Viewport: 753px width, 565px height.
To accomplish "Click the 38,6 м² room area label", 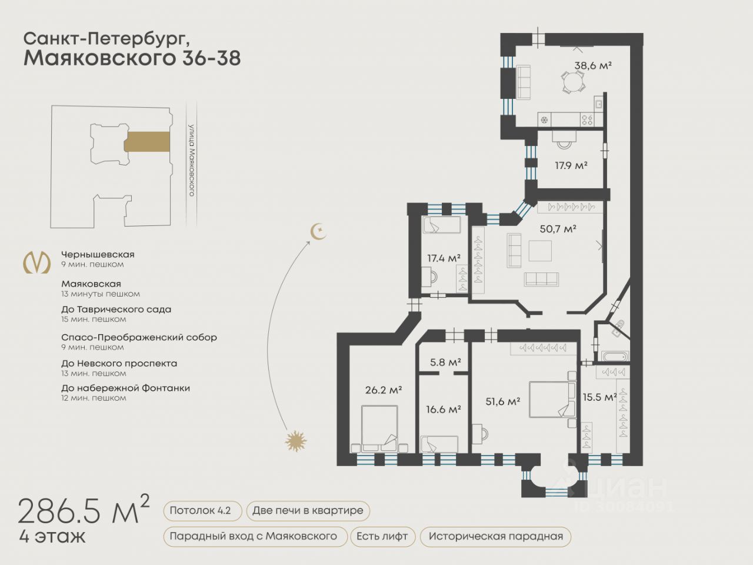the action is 593,65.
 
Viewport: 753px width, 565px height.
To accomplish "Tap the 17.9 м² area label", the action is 571,165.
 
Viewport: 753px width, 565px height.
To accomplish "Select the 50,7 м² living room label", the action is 558,228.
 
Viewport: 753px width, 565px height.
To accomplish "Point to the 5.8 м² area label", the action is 445,362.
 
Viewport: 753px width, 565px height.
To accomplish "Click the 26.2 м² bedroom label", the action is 384,390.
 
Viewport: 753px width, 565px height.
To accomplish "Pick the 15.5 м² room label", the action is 599,397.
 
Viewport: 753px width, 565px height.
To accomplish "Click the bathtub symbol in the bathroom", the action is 616,356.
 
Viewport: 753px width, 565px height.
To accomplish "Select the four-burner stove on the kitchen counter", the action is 587,119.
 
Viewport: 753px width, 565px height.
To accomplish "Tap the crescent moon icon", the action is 318,231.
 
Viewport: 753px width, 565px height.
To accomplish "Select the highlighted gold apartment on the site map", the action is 147,142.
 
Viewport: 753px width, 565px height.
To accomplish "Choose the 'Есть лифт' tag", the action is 382,536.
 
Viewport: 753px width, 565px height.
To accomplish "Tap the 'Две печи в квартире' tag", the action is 308,510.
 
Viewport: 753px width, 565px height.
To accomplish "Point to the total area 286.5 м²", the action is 84,510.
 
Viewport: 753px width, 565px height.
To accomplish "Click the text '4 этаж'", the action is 52,537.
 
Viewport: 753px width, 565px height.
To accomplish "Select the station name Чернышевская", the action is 98,254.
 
